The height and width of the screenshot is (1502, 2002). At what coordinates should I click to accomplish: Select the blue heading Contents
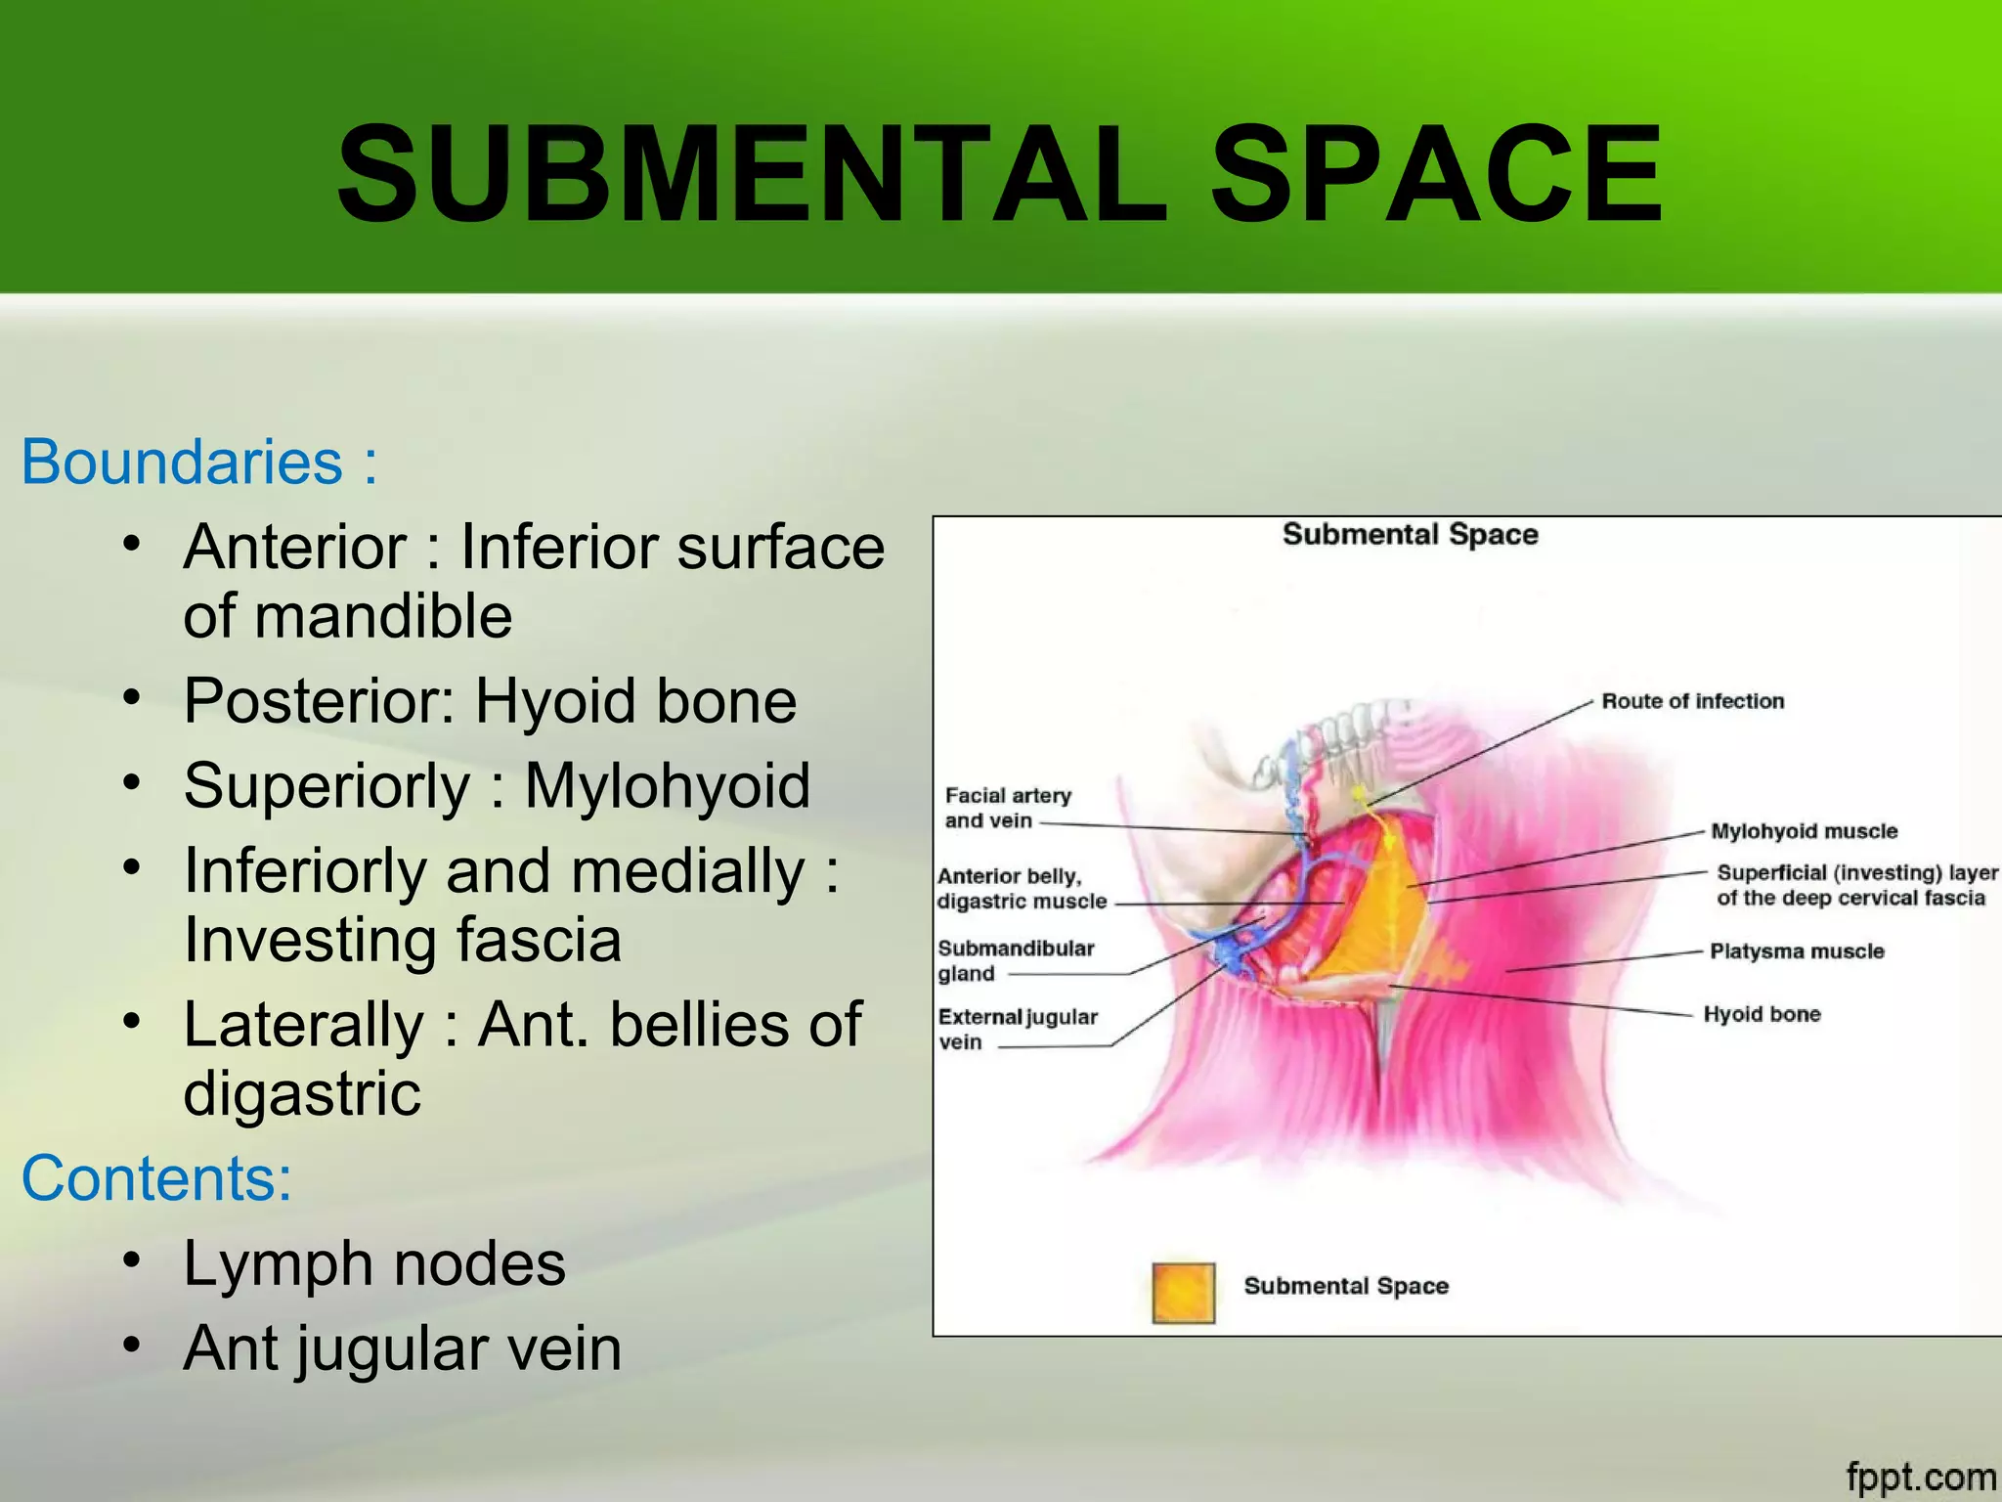156,1178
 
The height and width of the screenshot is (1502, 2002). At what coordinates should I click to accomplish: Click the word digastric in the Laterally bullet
302,1093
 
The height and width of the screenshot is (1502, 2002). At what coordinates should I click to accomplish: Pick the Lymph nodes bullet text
374,1263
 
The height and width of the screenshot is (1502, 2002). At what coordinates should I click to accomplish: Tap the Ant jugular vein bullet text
402,1348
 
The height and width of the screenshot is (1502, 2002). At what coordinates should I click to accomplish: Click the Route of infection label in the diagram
1692,701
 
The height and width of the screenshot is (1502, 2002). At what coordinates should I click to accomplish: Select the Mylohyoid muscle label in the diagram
1804,831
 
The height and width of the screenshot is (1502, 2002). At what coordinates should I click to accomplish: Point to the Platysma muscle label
1797,951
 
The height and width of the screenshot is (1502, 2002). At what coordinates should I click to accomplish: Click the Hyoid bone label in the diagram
1762,1014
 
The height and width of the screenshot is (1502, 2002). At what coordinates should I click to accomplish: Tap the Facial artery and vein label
1007,808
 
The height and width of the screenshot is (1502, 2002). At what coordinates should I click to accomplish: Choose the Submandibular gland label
1015,960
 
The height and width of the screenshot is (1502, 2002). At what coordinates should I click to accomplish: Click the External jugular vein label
1017,1029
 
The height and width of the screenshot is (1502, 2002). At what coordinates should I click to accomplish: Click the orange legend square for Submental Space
1183,1293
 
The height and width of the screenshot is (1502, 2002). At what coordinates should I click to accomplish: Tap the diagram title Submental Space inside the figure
1410,535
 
